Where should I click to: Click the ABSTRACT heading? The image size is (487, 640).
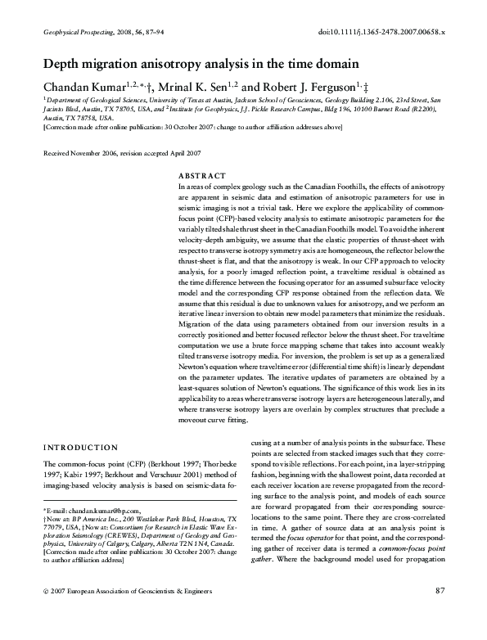[201, 176]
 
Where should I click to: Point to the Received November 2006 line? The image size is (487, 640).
[120, 153]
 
